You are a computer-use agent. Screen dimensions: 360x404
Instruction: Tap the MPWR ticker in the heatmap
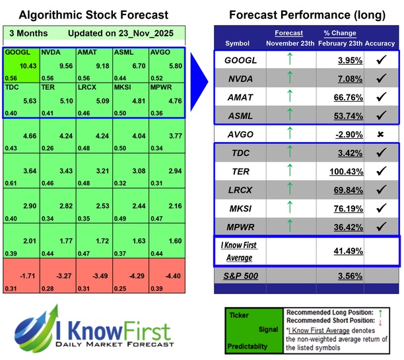pos(162,86)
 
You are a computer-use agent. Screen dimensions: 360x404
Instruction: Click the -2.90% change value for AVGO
pos(344,134)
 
